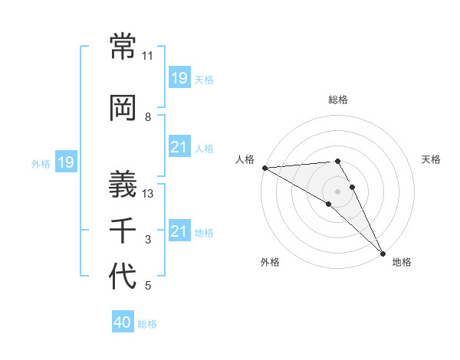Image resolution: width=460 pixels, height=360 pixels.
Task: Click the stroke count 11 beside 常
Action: tap(148, 56)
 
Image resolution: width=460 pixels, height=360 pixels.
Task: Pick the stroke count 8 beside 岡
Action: tap(148, 117)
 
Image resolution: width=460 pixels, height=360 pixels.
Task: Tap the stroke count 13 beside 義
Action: tap(148, 194)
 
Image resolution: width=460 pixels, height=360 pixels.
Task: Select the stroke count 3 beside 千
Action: tap(148, 240)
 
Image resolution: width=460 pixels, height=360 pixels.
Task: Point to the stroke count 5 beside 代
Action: tap(148, 286)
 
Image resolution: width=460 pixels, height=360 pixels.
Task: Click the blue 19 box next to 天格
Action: tap(179, 78)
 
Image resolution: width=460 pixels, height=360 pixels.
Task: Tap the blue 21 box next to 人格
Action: tap(179, 147)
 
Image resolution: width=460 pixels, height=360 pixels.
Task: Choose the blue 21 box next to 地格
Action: tap(179, 231)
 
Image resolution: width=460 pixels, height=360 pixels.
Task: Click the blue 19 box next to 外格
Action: tap(65, 162)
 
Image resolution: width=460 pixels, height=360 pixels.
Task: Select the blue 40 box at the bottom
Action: tap(122, 322)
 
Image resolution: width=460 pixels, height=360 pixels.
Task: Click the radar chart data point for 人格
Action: tap(264, 168)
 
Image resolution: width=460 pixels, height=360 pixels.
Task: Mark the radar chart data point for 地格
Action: tap(382, 252)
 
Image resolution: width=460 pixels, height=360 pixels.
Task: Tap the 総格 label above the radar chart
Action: tap(338, 100)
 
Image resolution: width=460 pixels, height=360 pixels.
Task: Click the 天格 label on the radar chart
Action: tap(432, 159)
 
